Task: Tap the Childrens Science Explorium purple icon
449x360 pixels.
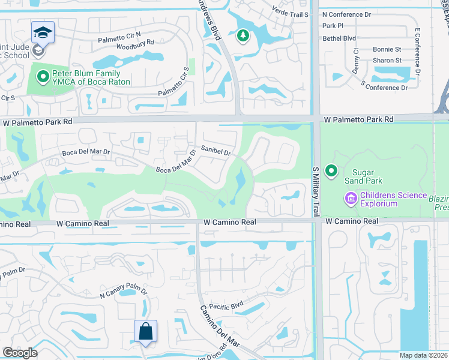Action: [x=351, y=197]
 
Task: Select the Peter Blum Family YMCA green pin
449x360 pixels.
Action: [x=42, y=76]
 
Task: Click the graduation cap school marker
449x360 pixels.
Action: [x=43, y=32]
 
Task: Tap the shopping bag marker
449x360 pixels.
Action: [x=145, y=331]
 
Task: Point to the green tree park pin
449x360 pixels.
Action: [x=243, y=36]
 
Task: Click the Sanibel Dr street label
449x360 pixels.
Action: [x=216, y=152]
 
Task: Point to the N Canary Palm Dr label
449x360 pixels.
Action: [x=123, y=292]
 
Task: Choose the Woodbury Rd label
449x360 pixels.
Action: [x=134, y=43]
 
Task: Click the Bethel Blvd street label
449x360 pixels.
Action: [x=339, y=38]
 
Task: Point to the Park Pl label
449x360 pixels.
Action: [x=333, y=26]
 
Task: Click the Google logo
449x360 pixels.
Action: [x=20, y=353]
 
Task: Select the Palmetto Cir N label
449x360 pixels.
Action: [x=120, y=34]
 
